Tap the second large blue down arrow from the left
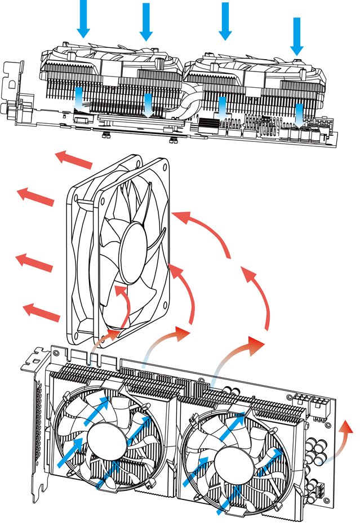146,21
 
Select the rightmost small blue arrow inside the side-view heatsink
299,113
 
